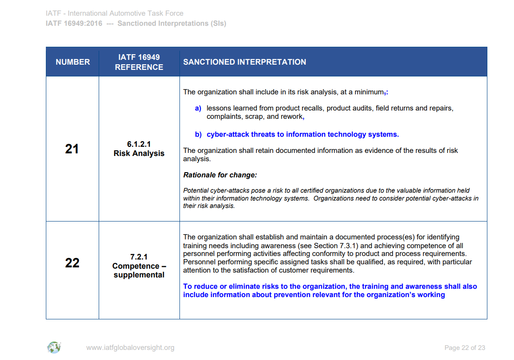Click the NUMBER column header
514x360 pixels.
pos(72,62)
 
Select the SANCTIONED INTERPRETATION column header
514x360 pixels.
pos(245,62)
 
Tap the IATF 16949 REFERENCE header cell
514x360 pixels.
pos(139,62)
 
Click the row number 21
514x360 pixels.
pos(72,149)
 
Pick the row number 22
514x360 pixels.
pos(72,263)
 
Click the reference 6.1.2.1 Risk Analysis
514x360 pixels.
pos(139,149)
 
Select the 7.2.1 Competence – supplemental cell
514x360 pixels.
pos(139,266)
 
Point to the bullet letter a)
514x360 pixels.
pos(198,108)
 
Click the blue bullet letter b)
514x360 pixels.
pos(198,135)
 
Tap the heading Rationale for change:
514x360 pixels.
pos(220,175)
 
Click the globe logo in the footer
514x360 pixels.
pos(54,348)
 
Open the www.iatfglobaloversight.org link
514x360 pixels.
pos(130,348)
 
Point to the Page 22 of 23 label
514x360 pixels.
pos(465,348)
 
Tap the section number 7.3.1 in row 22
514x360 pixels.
pos(347,246)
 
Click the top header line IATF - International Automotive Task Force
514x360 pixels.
pos(114,14)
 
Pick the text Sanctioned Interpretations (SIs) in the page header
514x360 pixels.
pos(172,23)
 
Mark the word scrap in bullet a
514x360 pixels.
pos(254,117)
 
